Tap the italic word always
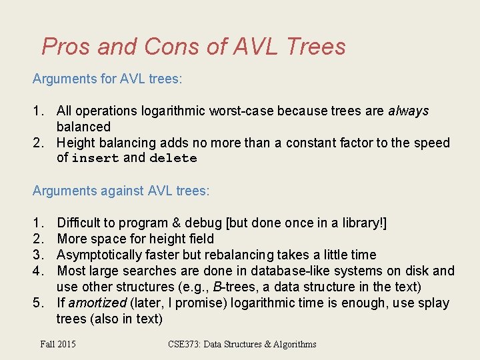(409, 111)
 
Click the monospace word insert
(95, 159)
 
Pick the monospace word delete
(173, 159)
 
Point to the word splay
(435, 303)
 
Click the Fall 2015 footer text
(58, 344)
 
